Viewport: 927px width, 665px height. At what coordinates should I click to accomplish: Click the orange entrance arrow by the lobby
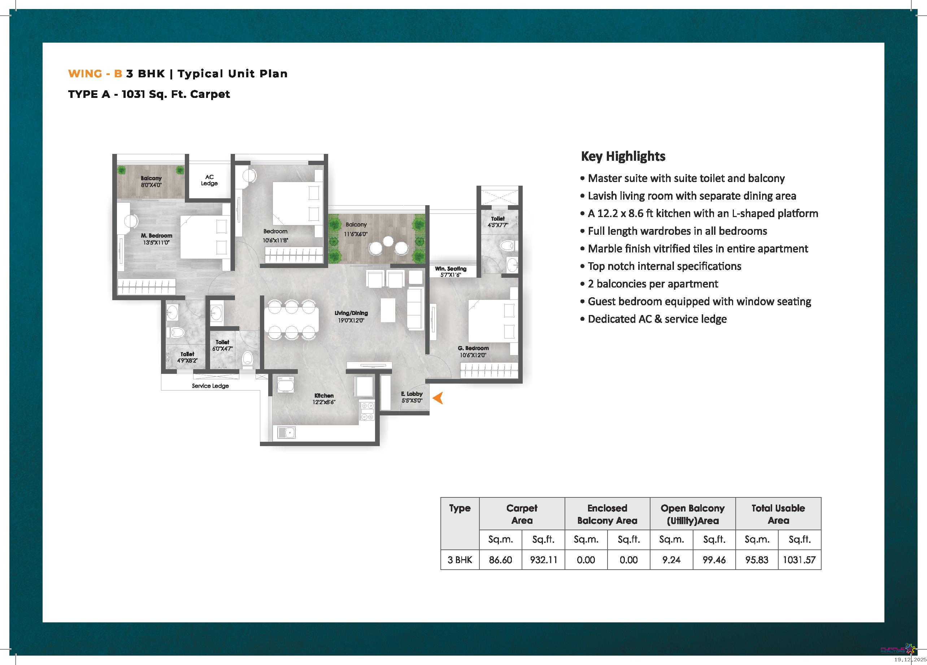click(438, 398)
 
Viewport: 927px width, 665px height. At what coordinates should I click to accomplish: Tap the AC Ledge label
click(209, 180)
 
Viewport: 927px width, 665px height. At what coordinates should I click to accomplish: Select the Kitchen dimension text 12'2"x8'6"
click(324, 402)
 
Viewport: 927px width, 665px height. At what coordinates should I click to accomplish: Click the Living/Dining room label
click(351, 313)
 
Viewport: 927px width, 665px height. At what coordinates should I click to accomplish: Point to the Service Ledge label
click(210, 386)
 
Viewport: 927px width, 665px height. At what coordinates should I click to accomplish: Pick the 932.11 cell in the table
click(544, 560)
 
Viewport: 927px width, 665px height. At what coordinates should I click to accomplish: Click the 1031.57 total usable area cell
click(799, 560)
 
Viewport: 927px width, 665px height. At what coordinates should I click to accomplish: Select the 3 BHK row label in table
click(460, 560)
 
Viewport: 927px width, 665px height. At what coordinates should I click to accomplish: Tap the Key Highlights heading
click(623, 156)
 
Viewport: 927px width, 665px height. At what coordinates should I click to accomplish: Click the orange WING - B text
click(95, 74)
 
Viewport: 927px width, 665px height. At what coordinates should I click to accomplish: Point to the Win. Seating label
click(451, 269)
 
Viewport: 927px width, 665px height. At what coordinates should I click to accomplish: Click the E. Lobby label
click(412, 394)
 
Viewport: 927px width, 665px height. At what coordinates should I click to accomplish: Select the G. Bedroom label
click(473, 349)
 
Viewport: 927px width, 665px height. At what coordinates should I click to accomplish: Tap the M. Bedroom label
click(157, 236)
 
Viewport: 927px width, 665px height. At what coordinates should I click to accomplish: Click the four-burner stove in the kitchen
click(367, 411)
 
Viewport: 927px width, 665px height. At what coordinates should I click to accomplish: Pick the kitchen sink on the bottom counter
click(287, 432)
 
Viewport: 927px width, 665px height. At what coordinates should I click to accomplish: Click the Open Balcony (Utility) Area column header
click(692, 514)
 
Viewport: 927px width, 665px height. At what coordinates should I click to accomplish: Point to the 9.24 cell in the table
click(671, 560)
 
